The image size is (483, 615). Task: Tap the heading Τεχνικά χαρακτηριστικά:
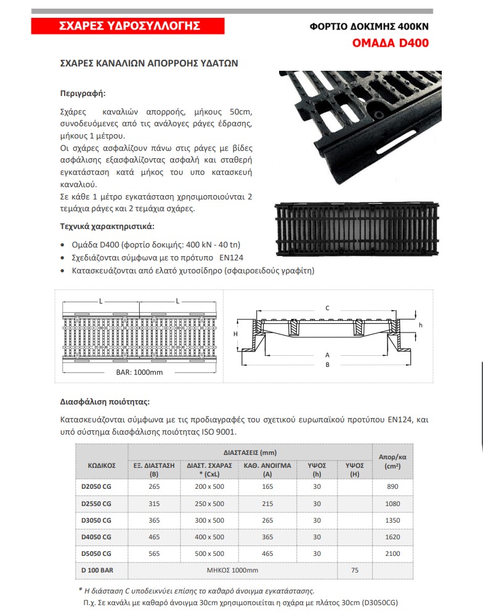point(107,225)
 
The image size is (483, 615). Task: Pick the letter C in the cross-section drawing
point(327,308)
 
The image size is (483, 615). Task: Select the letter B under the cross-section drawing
point(327,364)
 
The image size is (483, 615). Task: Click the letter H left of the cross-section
point(235,333)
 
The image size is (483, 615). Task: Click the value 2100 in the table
point(392,553)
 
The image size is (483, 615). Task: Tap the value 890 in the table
point(392,486)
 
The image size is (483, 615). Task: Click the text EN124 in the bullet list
point(240,257)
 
